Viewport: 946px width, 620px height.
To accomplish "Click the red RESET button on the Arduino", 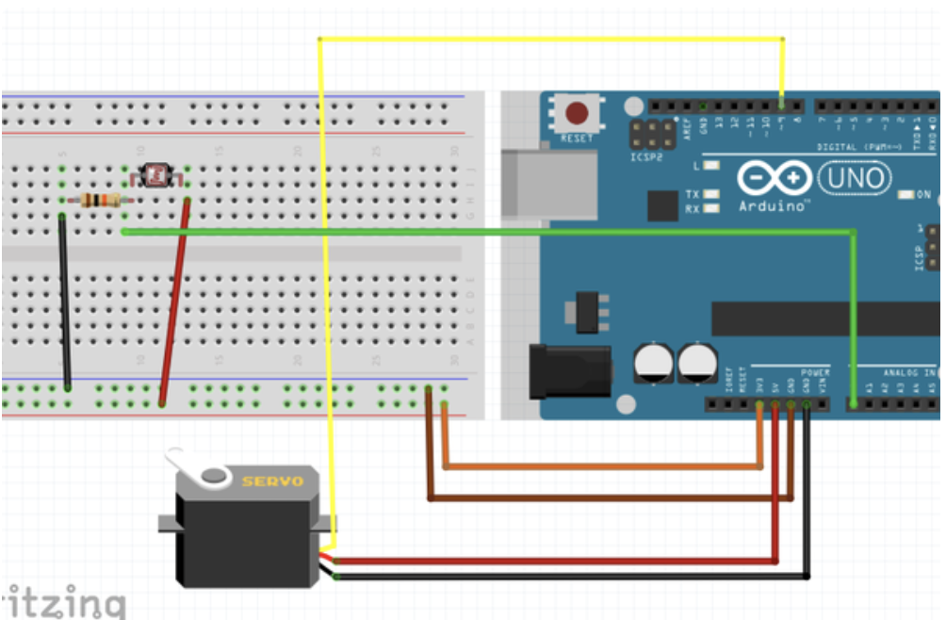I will pyautogui.click(x=576, y=115).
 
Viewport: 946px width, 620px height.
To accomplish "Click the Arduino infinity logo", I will pyautogui.click(x=775, y=178).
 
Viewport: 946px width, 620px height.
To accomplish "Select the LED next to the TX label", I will pyautogui.click(x=712, y=194).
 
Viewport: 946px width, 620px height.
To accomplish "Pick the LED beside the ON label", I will pyautogui.click(x=906, y=195).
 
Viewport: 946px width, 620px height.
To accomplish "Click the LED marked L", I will pyautogui.click(x=712, y=166).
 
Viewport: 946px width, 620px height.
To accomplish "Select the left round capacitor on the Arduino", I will pyautogui.click(x=653, y=363).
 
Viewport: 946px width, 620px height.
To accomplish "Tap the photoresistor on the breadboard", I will pyautogui.click(x=156, y=173).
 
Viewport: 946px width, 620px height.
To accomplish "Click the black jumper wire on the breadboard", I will pyautogui.click(x=64, y=302).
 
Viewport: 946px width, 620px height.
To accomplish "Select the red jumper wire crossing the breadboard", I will pyautogui.click(x=176, y=302).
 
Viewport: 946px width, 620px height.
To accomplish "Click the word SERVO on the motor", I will pyautogui.click(x=272, y=481).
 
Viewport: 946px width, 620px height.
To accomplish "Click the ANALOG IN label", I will pyautogui.click(x=906, y=374).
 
